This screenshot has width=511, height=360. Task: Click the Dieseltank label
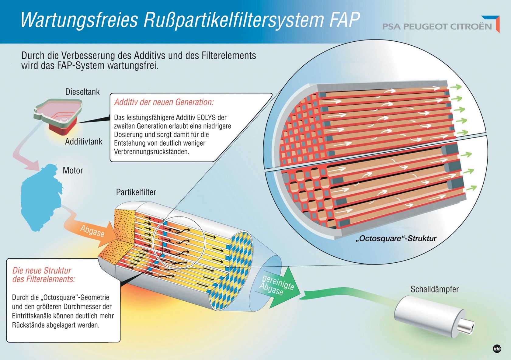pos(82,92)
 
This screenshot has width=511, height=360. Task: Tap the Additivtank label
pos(84,142)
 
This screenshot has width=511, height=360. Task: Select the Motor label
pos(73,171)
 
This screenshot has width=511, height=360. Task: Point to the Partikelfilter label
pos(136,192)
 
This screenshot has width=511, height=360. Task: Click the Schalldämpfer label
pos(434,289)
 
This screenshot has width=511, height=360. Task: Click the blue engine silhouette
pos(40,198)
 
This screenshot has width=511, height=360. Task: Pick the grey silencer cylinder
pos(429,315)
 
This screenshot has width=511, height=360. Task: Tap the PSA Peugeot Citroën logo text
pos(437,27)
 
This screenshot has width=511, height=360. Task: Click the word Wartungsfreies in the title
pos(79,20)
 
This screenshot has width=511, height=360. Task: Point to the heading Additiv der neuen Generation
pos(164,102)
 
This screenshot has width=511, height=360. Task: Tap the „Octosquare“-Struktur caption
pos(396,238)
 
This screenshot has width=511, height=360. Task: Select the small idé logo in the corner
pos(497,349)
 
